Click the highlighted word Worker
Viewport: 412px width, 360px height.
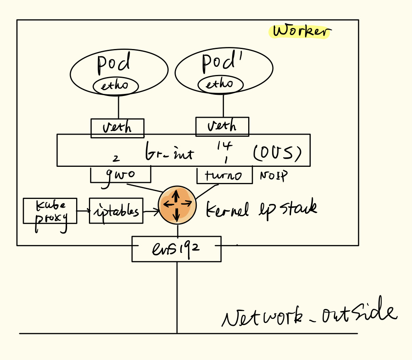coord(301,31)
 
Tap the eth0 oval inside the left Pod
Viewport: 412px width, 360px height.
coord(115,86)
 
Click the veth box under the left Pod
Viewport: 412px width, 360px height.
coord(117,128)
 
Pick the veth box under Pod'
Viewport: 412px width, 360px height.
coord(222,126)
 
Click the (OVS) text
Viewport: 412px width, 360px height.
coord(277,154)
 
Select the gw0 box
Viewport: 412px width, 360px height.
coord(120,175)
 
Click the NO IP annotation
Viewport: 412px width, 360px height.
coord(273,176)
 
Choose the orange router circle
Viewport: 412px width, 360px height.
coord(177,203)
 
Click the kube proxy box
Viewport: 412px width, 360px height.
coord(50,210)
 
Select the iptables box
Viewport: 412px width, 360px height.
coord(116,211)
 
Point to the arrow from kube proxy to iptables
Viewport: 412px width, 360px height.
coord(83,211)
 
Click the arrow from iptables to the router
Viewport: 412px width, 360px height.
coord(151,211)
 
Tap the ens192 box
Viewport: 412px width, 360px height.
coord(176,249)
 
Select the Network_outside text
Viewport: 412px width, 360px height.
coord(309,315)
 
